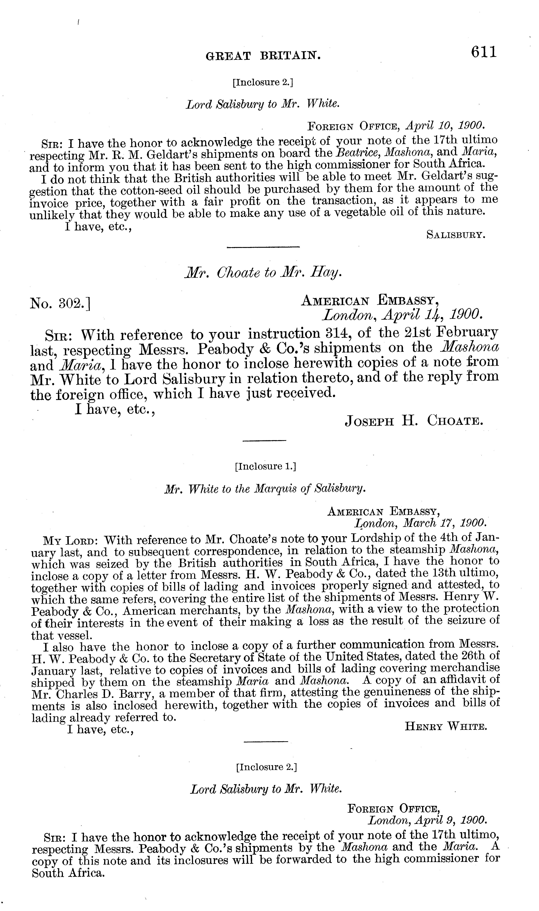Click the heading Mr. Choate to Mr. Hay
[263, 273]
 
